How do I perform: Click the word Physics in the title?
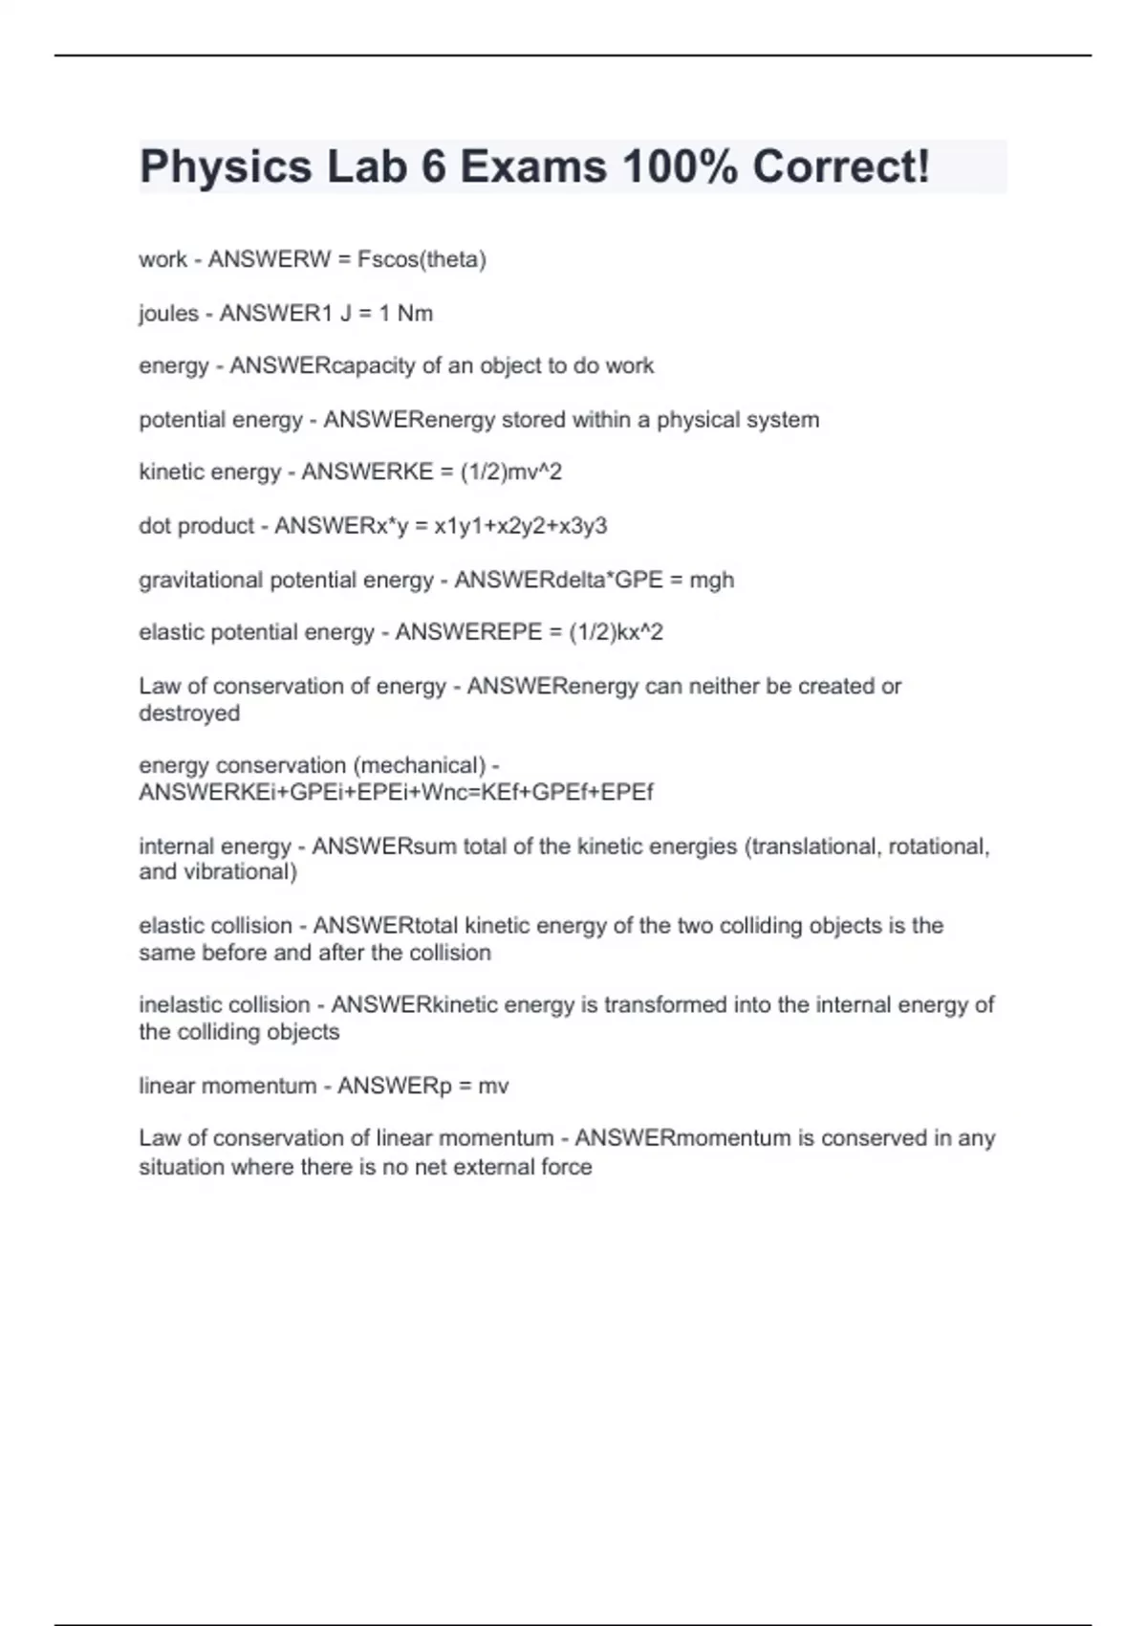[x=226, y=167]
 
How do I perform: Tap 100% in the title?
[x=680, y=167]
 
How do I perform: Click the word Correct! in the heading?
[x=841, y=167]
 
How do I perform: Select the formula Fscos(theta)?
[x=422, y=259]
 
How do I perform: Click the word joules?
[x=168, y=314]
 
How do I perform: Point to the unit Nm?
[x=415, y=314]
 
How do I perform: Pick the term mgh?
[x=711, y=580]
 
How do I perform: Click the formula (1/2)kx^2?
[x=616, y=632]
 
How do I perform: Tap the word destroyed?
[x=189, y=714]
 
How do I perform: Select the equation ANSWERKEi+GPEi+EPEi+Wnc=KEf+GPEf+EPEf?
[x=396, y=793]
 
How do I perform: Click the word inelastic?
[x=178, y=1005]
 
